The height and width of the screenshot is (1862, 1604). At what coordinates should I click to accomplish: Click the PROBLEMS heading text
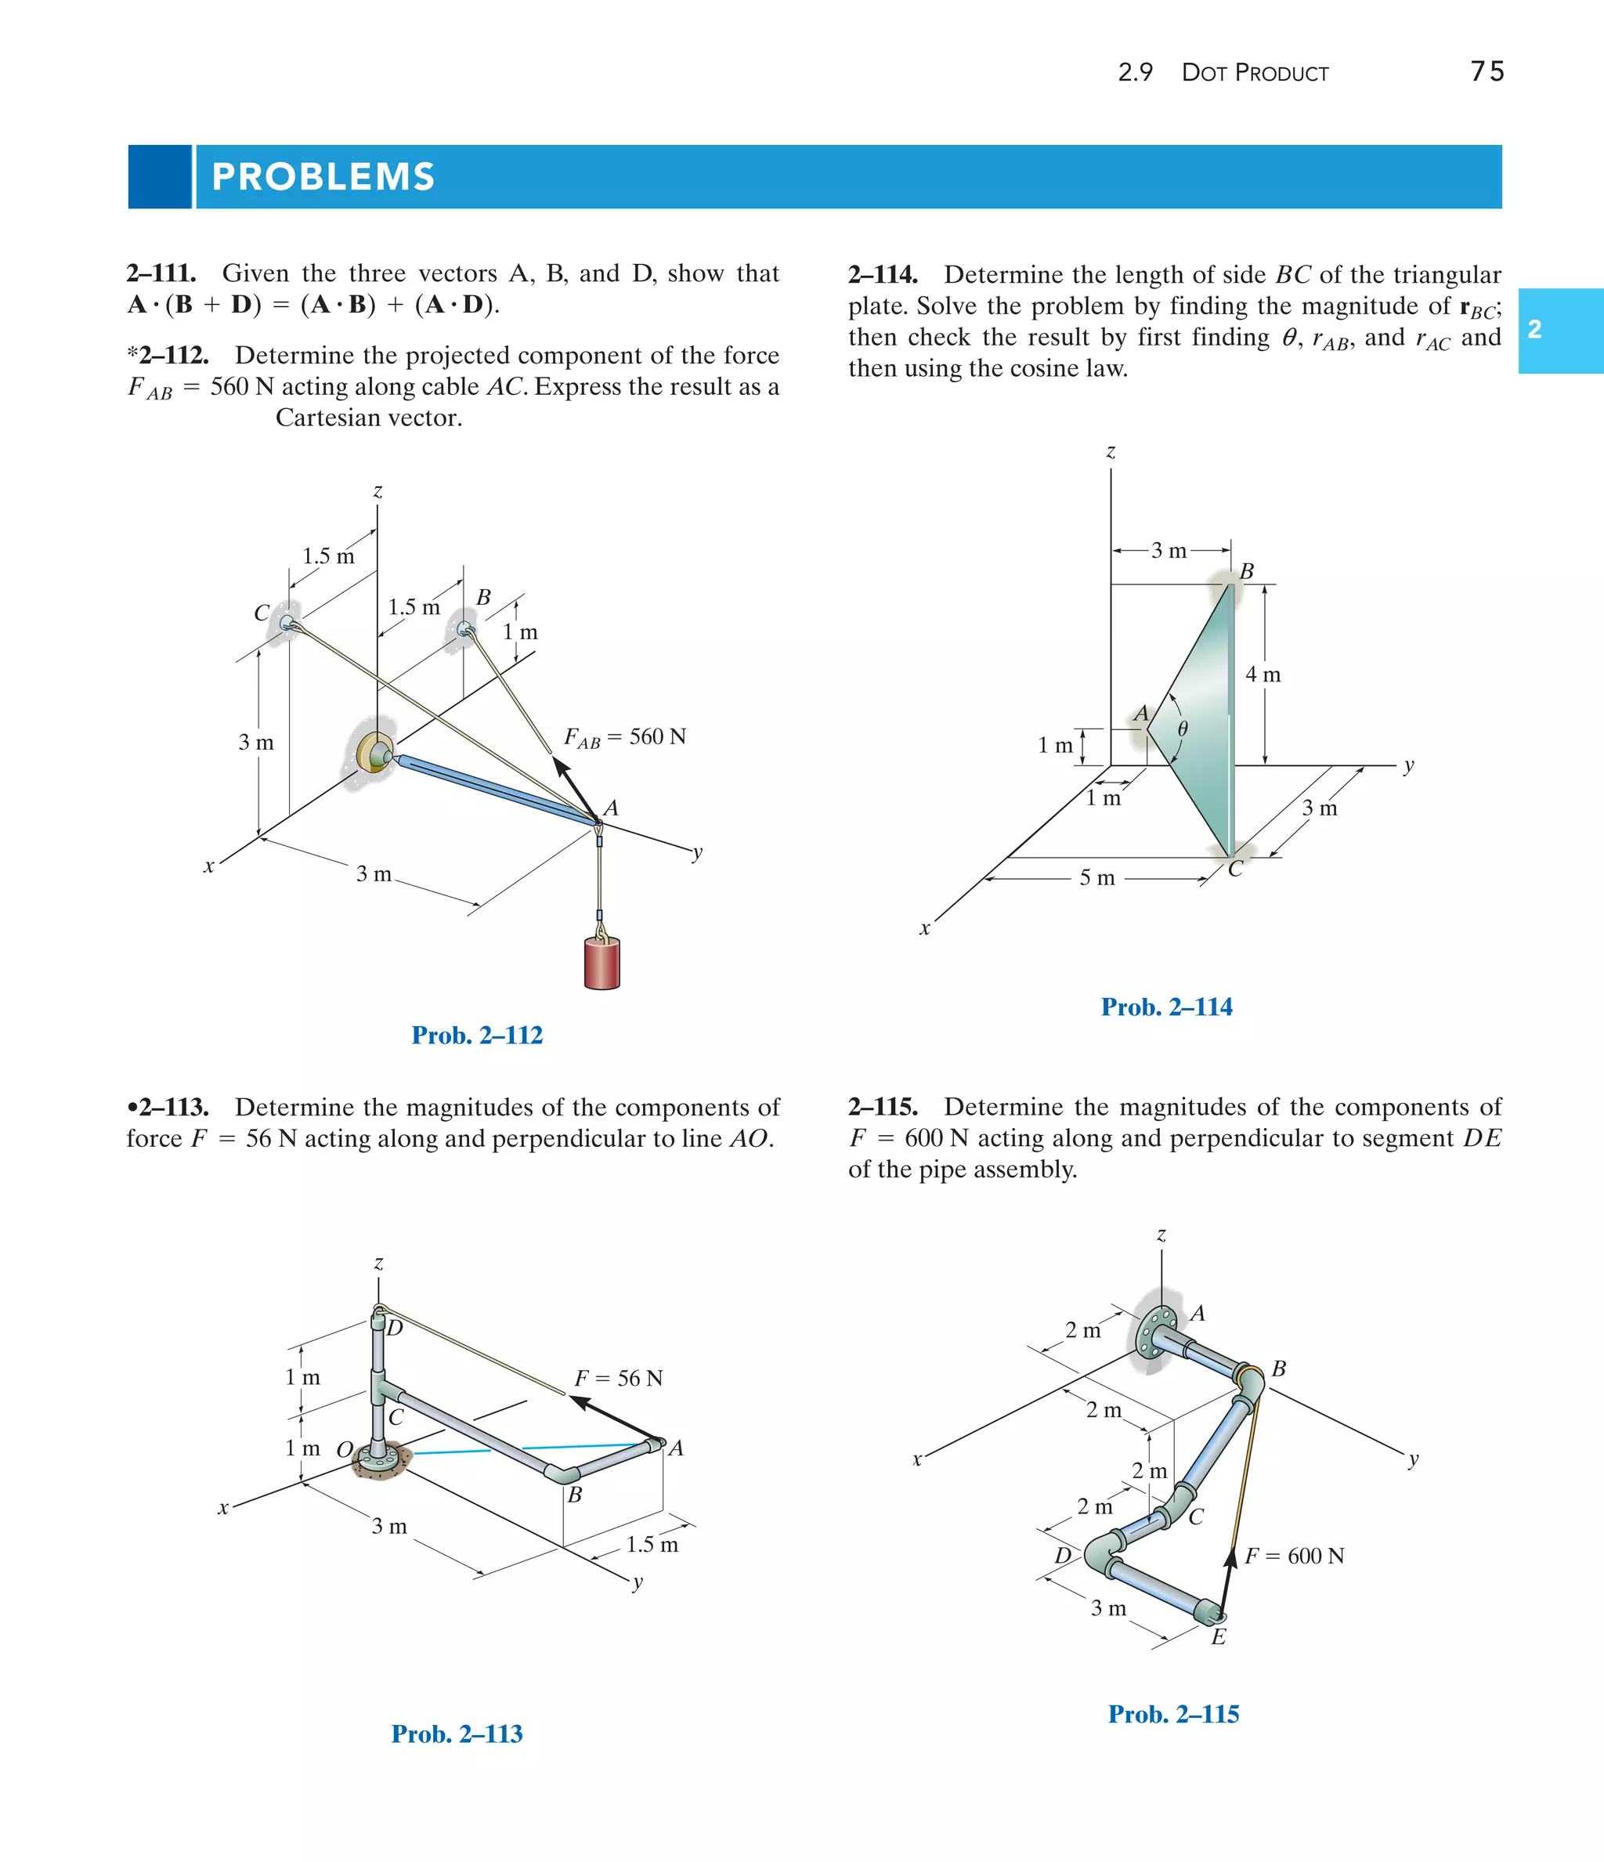(323, 177)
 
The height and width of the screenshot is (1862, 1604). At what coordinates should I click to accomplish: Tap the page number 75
(1487, 72)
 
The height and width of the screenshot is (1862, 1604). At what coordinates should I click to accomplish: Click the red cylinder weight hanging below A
(601, 964)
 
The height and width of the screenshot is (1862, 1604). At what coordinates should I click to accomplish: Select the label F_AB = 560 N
(624, 738)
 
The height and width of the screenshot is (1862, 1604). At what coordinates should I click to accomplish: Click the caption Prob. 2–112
(476, 1036)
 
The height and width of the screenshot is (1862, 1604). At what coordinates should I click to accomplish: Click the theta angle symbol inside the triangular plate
(1183, 729)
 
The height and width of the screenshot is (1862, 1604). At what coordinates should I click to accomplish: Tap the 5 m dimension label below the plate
(1096, 878)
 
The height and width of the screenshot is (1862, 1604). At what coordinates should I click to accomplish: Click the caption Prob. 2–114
(1165, 1007)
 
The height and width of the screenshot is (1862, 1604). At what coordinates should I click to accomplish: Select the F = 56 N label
(618, 1379)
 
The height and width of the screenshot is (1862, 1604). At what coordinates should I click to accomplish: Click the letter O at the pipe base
(344, 1449)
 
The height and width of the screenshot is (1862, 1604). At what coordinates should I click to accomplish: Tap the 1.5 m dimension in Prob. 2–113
(652, 1545)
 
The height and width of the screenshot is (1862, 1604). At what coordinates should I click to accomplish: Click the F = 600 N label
(1294, 1556)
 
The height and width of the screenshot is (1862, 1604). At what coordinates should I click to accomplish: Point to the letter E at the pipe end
(1218, 1637)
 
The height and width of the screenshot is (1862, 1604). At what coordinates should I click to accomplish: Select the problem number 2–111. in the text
(162, 273)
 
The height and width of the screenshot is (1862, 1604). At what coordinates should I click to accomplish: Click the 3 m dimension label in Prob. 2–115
(1108, 1607)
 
